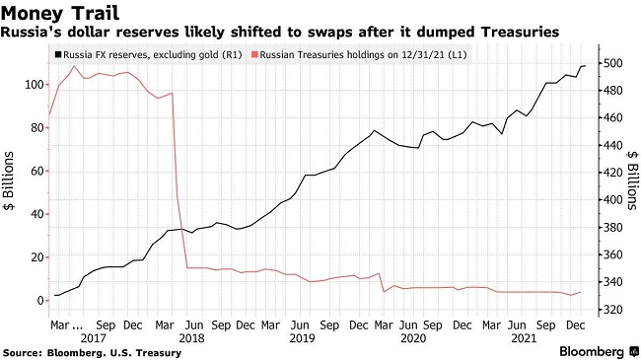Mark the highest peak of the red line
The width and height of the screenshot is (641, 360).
[74, 66]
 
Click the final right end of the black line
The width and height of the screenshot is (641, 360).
[586, 65]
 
